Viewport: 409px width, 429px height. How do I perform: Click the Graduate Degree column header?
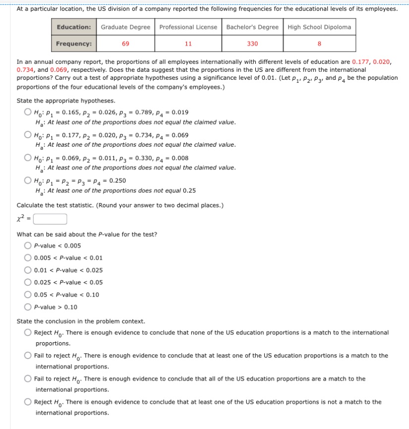click(x=125, y=27)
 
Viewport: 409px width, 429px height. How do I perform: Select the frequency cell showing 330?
click(x=252, y=44)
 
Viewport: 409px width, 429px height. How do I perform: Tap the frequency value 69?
click(x=125, y=44)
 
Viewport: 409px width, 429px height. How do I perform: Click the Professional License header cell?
click(x=188, y=27)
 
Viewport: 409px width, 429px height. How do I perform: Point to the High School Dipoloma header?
click(x=319, y=27)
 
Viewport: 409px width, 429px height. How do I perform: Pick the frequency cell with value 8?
click(x=319, y=44)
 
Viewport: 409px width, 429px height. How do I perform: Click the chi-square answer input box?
click(x=50, y=218)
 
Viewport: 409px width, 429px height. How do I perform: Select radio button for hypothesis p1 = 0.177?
click(x=29, y=135)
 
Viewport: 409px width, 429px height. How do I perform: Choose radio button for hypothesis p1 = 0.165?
click(x=29, y=112)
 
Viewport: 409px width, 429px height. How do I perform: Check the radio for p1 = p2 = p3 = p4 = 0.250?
click(x=29, y=181)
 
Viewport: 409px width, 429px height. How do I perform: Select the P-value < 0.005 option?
click(x=28, y=246)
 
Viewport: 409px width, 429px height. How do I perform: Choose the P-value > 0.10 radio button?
click(x=28, y=307)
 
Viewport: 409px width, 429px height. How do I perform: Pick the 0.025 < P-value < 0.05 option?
click(x=28, y=282)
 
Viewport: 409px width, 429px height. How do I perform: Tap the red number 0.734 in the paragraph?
click(x=25, y=70)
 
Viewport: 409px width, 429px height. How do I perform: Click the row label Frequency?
click(x=74, y=44)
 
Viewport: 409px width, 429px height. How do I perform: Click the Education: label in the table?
click(x=74, y=27)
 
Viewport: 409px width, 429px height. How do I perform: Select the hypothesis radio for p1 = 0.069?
click(x=29, y=158)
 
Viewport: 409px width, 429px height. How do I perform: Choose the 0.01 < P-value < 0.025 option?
click(x=28, y=270)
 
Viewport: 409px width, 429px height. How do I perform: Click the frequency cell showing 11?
click(x=188, y=44)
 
